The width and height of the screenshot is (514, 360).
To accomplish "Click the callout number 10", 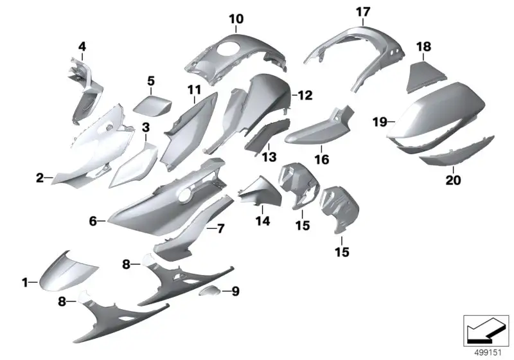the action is click(236, 19).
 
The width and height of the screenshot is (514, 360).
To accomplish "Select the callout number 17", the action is click(363, 12).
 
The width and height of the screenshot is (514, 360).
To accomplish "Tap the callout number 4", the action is click(82, 46).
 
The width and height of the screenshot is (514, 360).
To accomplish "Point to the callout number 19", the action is click(380, 122).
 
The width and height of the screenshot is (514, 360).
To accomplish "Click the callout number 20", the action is click(454, 180).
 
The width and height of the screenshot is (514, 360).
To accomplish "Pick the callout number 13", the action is click(269, 157).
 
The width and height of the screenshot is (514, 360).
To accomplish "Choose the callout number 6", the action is click(93, 221).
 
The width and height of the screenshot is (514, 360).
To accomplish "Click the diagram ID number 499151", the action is click(488, 353).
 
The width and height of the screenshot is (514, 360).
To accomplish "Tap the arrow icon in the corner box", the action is click(486, 330).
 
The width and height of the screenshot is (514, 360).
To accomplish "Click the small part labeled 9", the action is click(210, 291).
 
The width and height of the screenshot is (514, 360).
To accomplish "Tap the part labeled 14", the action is click(261, 192).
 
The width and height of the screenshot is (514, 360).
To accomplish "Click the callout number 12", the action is click(305, 95).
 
